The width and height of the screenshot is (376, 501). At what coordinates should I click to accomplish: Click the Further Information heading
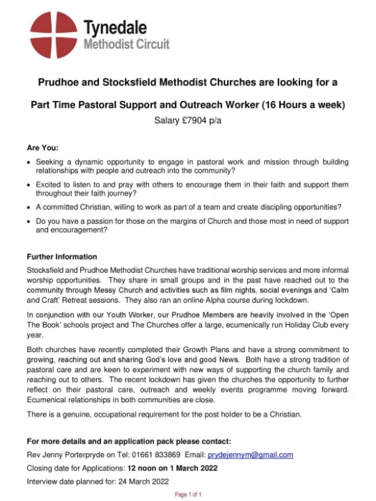click(61, 257)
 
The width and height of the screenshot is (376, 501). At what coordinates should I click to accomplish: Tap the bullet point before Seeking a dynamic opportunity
click(29, 161)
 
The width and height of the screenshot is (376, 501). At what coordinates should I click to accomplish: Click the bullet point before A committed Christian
click(29, 207)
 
